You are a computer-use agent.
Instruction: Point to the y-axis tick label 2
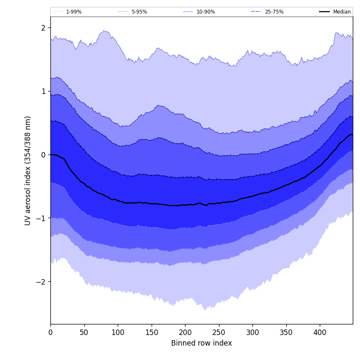pos(43,28)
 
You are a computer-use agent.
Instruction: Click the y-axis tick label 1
pos(43,91)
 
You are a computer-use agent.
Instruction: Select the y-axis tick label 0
pos(43,155)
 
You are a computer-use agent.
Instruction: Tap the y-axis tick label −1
pos(42,219)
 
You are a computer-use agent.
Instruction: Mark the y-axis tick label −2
pos(42,282)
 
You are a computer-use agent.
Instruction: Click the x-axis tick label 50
pos(84,332)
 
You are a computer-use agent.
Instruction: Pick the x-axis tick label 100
pos(118,332)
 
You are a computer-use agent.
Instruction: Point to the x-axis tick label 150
pos(152,332)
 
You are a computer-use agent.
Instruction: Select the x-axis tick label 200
pos(185,332)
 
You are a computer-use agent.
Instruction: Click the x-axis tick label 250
pos(219,332)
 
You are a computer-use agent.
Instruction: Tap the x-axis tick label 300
pos(252,332)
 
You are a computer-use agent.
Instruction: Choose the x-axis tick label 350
pos(286,332)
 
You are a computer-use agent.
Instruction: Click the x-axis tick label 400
pos(320,332)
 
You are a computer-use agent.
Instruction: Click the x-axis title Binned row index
pos(202,343)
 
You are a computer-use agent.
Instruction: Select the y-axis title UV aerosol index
pos(28,171)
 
